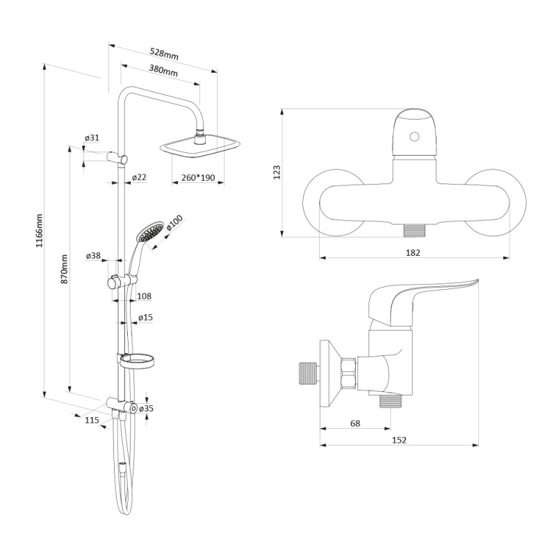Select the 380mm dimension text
point(163,72)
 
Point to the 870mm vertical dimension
point(65,268)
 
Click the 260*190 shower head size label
point(197,178)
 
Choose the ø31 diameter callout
point(92,138)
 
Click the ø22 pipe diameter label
point(139,178)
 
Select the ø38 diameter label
point(93,256)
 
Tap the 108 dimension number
point(145,296)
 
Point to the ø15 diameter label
point(145,318)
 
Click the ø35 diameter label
point(146,409)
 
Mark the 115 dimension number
point(92,420)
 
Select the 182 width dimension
point(413,253)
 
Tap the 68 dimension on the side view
point(355,423)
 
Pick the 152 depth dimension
point(399,440)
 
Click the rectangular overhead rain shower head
point(201,145)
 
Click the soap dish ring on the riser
point(138,361)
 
